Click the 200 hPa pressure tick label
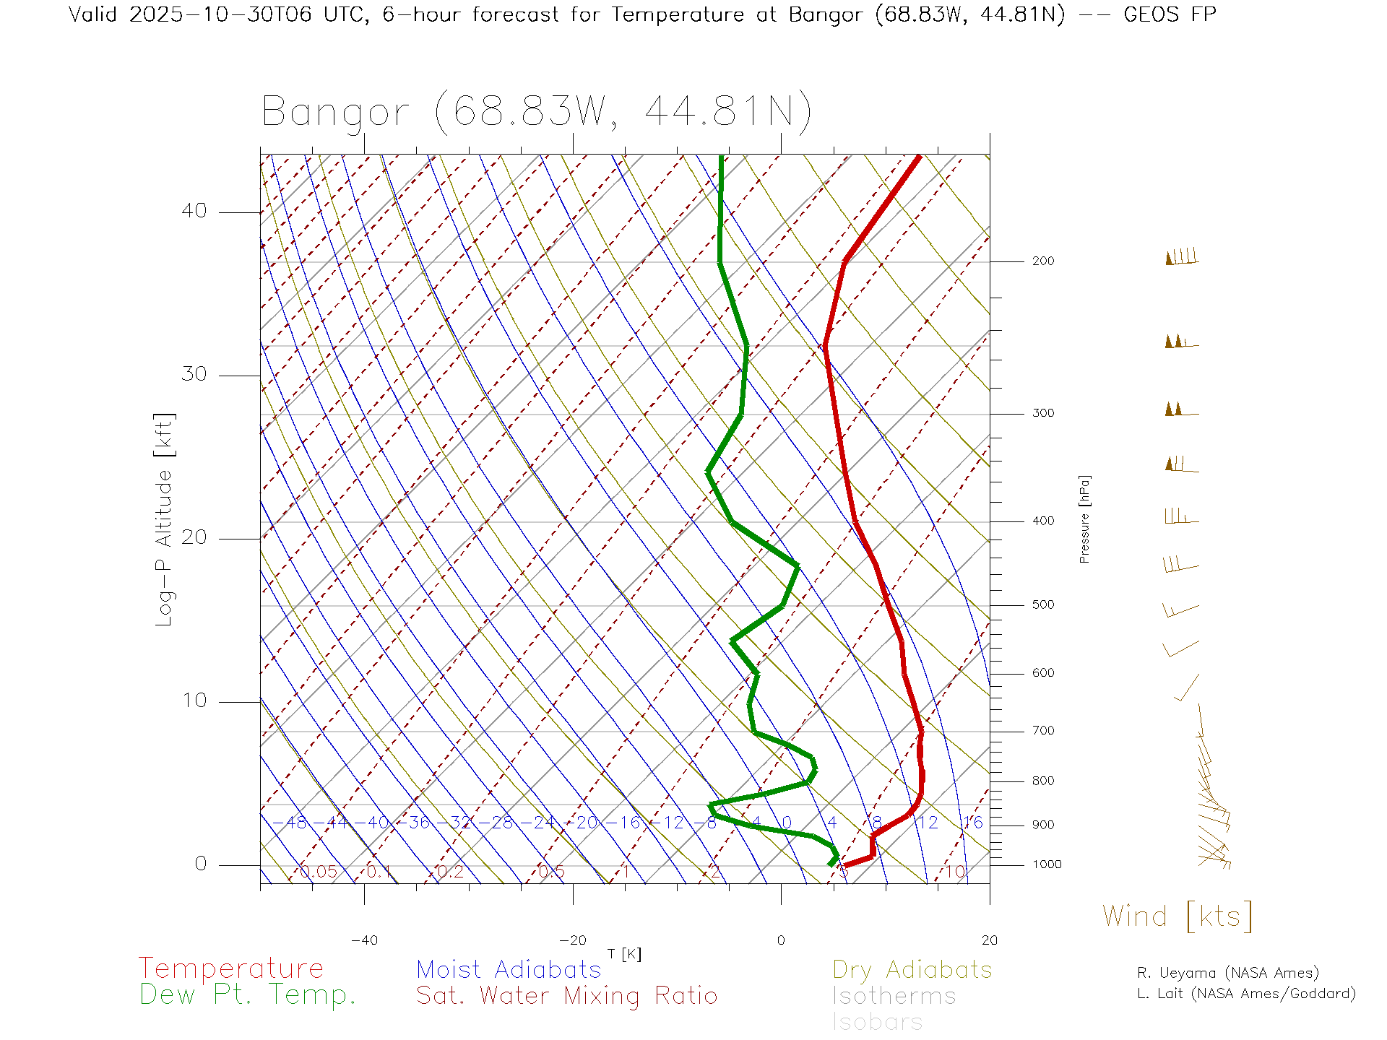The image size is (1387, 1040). [1042, 261]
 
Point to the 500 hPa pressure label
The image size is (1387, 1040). [1042, 605]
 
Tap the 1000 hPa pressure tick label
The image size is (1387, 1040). [1046, 864]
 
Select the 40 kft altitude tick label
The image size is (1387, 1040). [194, 211]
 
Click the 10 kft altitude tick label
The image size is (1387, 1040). [194, 701]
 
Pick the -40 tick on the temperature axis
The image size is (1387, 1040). [364, 940]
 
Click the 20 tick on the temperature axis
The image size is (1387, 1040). [989, 940]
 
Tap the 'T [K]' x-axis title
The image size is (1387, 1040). [624, 954]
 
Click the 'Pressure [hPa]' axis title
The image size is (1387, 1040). [1084, 519]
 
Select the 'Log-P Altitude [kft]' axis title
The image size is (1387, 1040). [165, 520]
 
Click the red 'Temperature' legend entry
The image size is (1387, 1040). [231, 968]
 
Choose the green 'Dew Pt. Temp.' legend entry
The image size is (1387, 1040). [248, 995]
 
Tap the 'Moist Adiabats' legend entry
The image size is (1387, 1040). [509, 970]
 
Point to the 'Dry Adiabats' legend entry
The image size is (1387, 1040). [912, 970]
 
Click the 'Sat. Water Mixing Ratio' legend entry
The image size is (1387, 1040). [567, 996]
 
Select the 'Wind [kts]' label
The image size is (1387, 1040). [1178, 916]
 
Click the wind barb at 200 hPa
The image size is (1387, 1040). [1182, 258]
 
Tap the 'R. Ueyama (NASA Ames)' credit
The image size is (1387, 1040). [1228, 973]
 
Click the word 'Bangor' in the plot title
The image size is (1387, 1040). [336, 113]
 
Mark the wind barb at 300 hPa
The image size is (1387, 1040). [1180, 409]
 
